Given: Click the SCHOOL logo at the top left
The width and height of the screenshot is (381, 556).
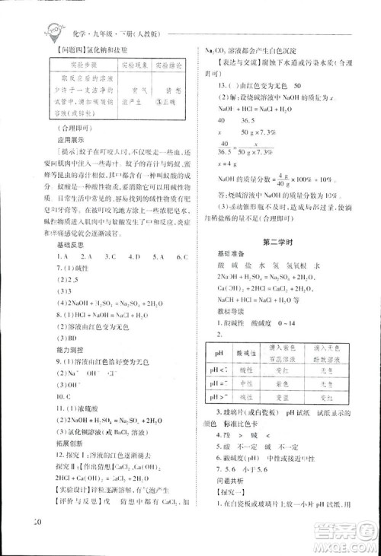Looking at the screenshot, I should (x=53, y=30).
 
